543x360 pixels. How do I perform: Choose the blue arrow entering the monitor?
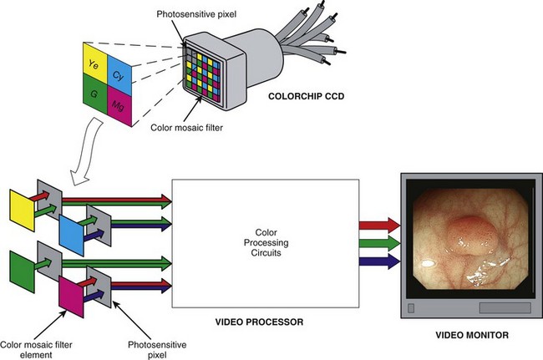pyautogui.click(x=378, y=261)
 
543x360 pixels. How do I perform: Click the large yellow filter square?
pyautogui.click(x=21, y=205)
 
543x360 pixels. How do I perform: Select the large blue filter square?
pyautogui.click(x=74, y=227)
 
